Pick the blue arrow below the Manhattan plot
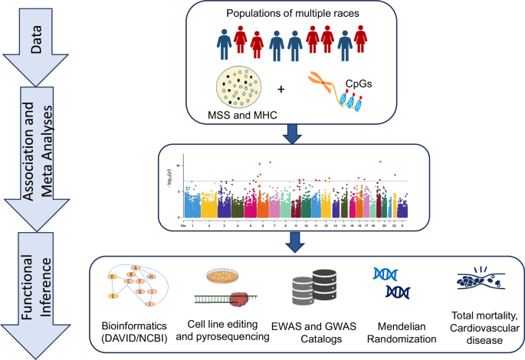click(294, 243)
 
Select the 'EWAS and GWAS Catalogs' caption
click(307, 329)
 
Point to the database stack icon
click(305, 292)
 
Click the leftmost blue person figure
click(225, 44)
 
